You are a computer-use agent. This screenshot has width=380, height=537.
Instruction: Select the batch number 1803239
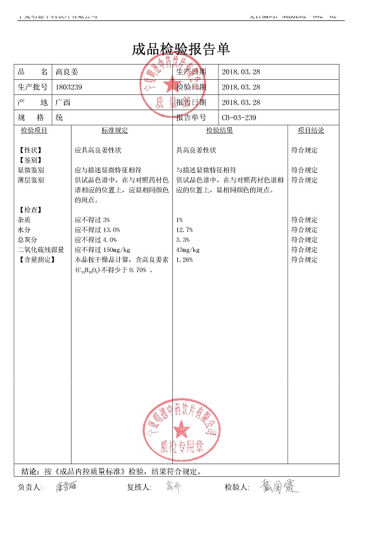pos(70,87)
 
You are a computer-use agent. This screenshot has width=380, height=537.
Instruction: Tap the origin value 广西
pos(63,103)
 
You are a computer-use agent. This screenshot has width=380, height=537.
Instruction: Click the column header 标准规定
pos(115,130)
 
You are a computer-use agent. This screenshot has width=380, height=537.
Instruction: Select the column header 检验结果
pos(219,130)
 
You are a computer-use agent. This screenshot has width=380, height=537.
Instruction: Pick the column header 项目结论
pos(311,130)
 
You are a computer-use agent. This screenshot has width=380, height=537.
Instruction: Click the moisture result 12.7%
pos(184,230)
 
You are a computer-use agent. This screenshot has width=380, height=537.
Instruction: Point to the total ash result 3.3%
pos(182,240)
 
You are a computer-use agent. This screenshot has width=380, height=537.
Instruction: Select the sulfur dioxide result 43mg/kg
pos(187,250)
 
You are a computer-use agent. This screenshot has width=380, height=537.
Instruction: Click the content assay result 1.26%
pos(184,260)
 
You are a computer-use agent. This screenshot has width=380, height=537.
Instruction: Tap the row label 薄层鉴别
pos(31,180)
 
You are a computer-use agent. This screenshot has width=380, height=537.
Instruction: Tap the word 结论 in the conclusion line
pos(30,472)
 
